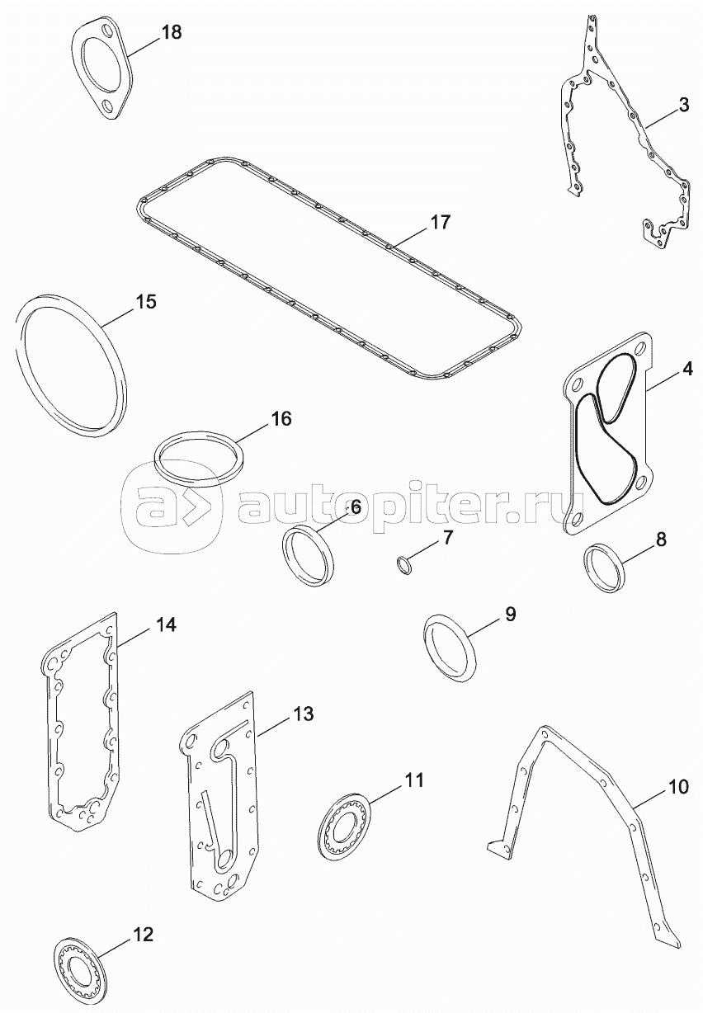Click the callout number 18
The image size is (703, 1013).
point(171,33)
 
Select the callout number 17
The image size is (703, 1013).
point(440,222)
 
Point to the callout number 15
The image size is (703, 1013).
point(145,302)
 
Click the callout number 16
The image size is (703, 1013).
point(281,418)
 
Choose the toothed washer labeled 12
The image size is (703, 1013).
point(81,974)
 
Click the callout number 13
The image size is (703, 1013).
point(304,714)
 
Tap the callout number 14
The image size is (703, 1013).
point(166,624)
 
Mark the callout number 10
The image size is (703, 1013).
point(677,786)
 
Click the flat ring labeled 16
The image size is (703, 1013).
point(201,459)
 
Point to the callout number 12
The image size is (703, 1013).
point(143,935)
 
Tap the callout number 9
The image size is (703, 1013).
point(510,613)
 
